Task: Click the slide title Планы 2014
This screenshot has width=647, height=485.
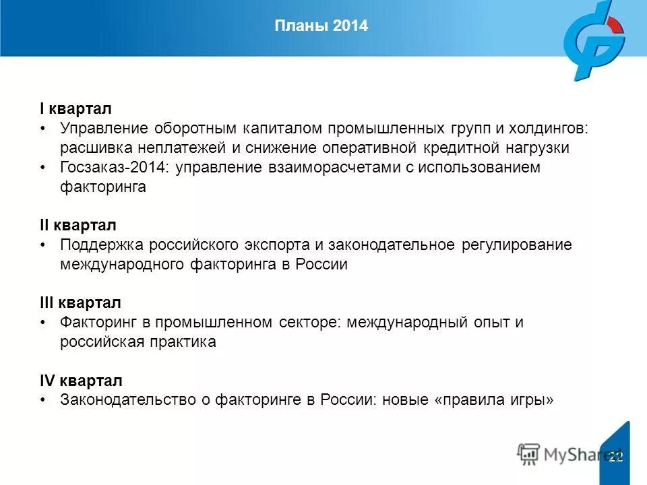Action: (x=321, y=26)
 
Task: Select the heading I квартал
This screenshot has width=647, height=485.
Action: (x=75, y=108)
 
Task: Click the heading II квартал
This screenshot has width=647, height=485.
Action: (x=78, y=225)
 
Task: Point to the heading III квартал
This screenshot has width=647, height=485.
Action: (x=80, y=303)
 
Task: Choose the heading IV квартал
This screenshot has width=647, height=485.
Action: (x=81, y=381)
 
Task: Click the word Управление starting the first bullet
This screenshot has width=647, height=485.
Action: (x=103, y=128)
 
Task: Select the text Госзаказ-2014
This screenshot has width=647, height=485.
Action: (x=115, y=167)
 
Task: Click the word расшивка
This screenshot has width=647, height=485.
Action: (x=93, y=148)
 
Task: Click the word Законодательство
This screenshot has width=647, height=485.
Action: (x=127, y=400)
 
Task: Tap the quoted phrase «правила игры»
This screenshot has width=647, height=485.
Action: (x=495, y=400)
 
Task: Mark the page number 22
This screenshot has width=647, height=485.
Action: (x=615, y=457)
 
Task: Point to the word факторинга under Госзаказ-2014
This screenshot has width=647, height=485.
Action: (x=103, y=187)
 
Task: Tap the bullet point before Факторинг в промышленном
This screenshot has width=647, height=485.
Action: (x=43, y=323)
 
